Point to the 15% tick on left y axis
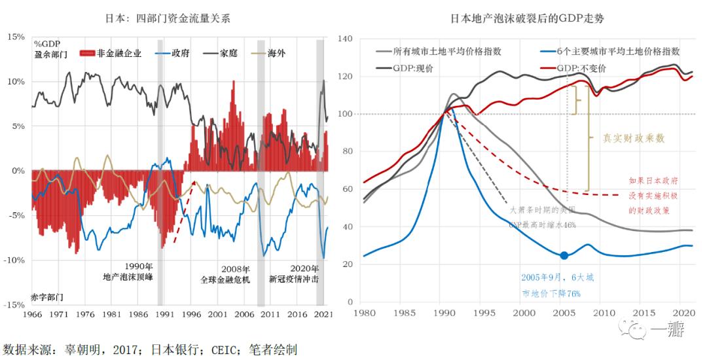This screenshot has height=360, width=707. (15, 37)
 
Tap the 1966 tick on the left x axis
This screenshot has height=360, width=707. (33, 314)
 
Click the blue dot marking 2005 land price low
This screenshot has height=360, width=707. (564, 255)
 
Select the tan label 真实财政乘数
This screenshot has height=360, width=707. (634, 138)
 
